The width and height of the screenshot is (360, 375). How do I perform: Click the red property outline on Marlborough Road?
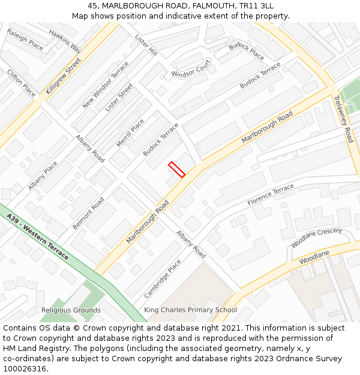176,169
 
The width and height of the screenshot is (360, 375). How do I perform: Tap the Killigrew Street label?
63,76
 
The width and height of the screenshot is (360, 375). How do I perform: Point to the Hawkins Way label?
65,41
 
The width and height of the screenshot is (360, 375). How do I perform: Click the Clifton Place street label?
22,83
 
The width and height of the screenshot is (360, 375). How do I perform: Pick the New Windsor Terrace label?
106,85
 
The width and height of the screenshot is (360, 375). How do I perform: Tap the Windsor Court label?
191,69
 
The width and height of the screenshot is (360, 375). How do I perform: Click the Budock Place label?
246,51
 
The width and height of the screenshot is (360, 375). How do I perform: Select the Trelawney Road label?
344,119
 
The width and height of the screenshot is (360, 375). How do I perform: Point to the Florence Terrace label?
271,195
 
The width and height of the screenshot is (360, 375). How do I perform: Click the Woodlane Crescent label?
316,238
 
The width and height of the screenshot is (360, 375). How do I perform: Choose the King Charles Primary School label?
190,310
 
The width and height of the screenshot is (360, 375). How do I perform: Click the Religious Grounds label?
71,310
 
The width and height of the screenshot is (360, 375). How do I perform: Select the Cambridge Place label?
163,278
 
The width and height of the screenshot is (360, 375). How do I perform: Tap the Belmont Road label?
88,213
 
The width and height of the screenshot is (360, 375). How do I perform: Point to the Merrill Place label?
130,133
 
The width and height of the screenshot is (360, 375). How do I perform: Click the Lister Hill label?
146,45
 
